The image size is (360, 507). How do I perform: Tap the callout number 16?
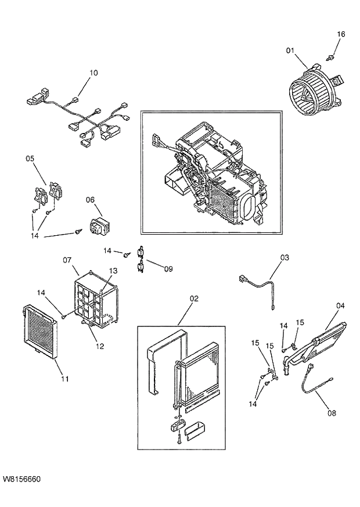click(x=341, y=34)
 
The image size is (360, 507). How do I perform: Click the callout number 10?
click(x=93, y=73)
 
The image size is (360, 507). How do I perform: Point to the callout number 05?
click(x=30, y=158)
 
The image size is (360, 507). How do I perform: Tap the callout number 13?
click(x=113, y=271)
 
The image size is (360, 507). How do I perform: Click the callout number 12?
click(x=100, y=347)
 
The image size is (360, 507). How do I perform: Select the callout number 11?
click(x=64, y=379)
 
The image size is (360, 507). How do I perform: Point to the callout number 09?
click(x=168, y=268)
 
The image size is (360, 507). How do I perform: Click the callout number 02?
click(x=194, y=299)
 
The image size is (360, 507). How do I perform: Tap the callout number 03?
click(x=285, y=257)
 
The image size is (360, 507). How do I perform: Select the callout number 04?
click(x=340, y=305)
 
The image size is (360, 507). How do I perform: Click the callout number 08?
click(x=332, y=413)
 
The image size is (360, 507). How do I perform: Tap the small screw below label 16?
click(x=330, y=57)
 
